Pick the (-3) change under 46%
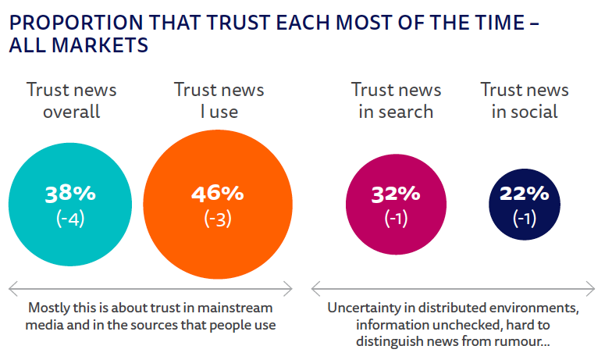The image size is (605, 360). (x=218, y=219)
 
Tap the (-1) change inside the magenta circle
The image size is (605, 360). (x=396, y=219)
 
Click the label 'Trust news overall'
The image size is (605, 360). (x=71, y=100)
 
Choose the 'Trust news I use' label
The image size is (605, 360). (x=219, y=100)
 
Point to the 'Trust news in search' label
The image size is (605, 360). (x=396, y=100)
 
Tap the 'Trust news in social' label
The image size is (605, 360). (x=524, y=100)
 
